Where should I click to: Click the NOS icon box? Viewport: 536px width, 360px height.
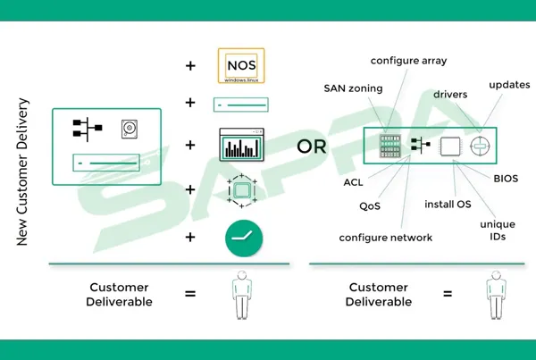[243, 66]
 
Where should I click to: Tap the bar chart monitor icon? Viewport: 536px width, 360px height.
[243, 146]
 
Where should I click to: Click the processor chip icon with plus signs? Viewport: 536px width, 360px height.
[243, 189]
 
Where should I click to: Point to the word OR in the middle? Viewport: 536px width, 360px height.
[312, 146]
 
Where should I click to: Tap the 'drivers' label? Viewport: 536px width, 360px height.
[452, 93]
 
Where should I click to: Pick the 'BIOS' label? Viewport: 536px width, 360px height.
[505, 179]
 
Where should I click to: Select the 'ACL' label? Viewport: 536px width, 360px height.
[353, 182]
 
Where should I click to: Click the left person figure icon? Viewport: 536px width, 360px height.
[242, 295]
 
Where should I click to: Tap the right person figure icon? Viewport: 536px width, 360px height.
[493, 295]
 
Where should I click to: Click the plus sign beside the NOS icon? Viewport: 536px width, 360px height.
[189, 65]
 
